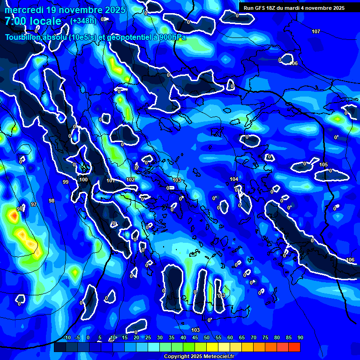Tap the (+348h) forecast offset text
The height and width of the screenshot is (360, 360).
pyautogui.click(x=83, y=21)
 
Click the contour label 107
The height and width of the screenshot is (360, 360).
pyautogui.click(x=316, y=31)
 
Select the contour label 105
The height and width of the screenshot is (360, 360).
pyautogui.click(x=323, y=165)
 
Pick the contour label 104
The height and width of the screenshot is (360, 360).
pyautogui.click(x=234, y=180)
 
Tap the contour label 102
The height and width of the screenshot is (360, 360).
pyautogui.click(x=130, y=180)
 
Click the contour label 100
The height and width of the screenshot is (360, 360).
pyautogui.click(x=83, y=180)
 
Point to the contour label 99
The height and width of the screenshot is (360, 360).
pyautogui.click(x=65, y=182)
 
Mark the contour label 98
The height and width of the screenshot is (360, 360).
pyautogui.click(x=52, y=201)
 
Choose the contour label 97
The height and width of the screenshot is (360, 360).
pyautogui.click(x=34, y=204)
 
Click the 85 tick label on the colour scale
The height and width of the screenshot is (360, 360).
pyautogui.click(x=289, y=338)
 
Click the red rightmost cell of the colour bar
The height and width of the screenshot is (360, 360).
pyautogui.click(x=294, y=347)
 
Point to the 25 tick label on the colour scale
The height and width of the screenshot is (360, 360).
pyautogui.click(x=148, y=338)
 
